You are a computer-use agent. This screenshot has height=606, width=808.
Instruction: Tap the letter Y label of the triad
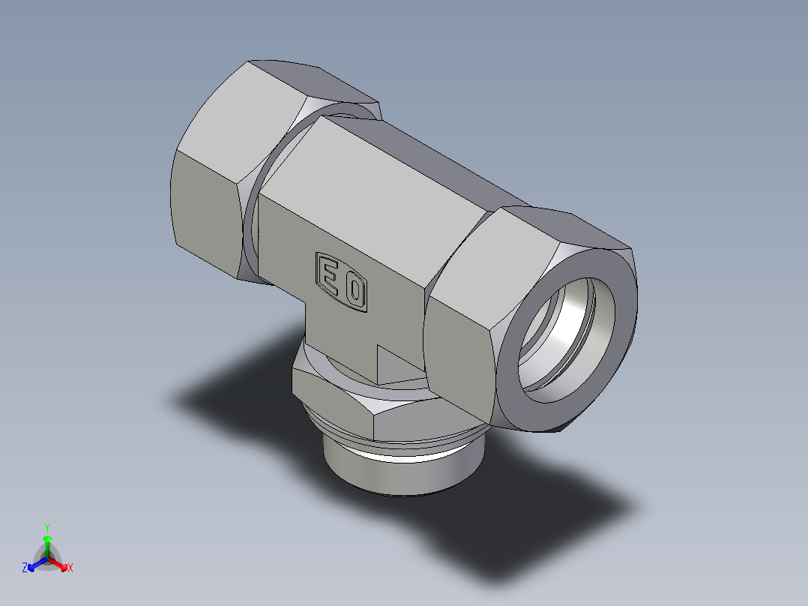coord(46,527)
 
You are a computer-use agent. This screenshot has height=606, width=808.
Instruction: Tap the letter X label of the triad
coord(70,568)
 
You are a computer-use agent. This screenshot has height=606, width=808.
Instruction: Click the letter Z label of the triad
coord(25,568)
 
